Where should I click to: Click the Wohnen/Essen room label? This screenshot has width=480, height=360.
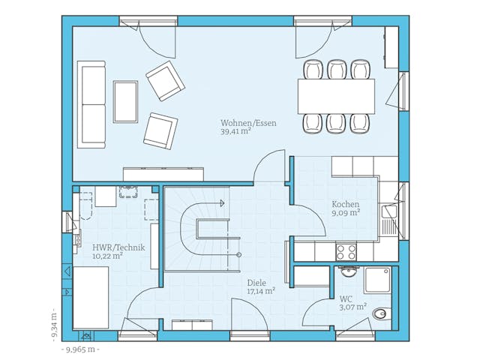(248, 123)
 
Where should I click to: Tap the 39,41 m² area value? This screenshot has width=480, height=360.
(236, 132)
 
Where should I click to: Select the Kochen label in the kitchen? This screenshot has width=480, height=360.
(346, 204)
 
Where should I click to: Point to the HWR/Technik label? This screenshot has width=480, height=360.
(118, 247)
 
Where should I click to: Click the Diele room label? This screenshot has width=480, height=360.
(256, 283)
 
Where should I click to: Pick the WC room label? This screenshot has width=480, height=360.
(346, 298)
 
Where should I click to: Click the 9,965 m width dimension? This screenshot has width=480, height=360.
(80, 349)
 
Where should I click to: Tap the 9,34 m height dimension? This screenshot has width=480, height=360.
(54, 323)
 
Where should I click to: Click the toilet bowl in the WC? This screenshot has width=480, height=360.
(382, 313)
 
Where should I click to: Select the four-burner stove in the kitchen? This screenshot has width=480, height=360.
(346, 252)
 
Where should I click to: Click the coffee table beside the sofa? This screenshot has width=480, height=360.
(125, 102)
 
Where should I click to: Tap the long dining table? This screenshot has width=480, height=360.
(337, 97)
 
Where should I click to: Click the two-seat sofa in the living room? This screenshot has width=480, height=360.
(91, 105)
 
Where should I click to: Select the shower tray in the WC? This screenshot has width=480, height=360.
(378, 280)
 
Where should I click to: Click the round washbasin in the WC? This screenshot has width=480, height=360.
(349, 271)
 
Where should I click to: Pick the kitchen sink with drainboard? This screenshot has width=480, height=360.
(389, 220)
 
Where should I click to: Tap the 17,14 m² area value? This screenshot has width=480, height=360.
(261, 291)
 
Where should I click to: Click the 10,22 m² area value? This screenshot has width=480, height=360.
(108, 256)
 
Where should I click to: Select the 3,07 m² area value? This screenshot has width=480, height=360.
(353, 307)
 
